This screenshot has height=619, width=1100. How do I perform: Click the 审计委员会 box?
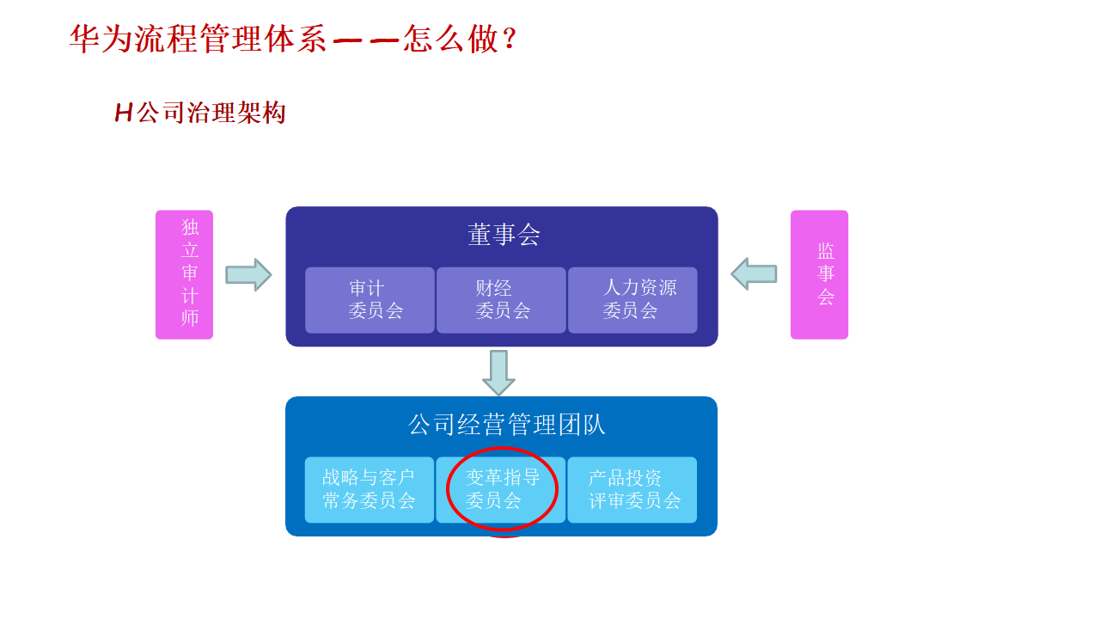pyautogui.click(x=370, y=300)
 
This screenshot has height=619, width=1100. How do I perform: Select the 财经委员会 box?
pyautogui.click(x=501, y=300)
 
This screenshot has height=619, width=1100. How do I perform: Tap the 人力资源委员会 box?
pyautogui.click(x=632, y=300)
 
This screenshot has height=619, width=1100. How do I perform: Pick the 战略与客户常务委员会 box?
pyautogui.click(x=370, y=490)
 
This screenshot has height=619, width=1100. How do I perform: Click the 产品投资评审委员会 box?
pyautogui.click(x=632, y=490)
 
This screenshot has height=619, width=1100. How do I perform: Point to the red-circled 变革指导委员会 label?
pyautogui.click(x=502, y=488)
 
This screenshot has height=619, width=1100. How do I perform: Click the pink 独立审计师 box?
pyautogui.click(x=184, y=274)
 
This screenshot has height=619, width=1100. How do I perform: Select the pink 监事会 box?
pyautogui.click(x=819, y=274)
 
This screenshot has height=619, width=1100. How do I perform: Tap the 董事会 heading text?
pyautogui.click(x=504, y=236)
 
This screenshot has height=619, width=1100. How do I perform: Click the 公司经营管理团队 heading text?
pyautogui.click(x=506, y=425)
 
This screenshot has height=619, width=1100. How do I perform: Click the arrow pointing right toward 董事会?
pyautogui.click(x=248, y=275)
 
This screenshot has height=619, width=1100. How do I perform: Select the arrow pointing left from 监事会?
pyautogui.click(x=754, y=274)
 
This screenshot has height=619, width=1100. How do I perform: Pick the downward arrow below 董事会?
pyautogui.click(x=498, y=372)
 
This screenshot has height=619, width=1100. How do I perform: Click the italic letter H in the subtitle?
pyautogui.click(x=124, y=113)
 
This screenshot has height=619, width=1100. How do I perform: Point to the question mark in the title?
pyautogui.click(x=510, y=40)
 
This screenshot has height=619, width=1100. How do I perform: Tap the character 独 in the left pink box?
pyautogui.click(x=190, y=228)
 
